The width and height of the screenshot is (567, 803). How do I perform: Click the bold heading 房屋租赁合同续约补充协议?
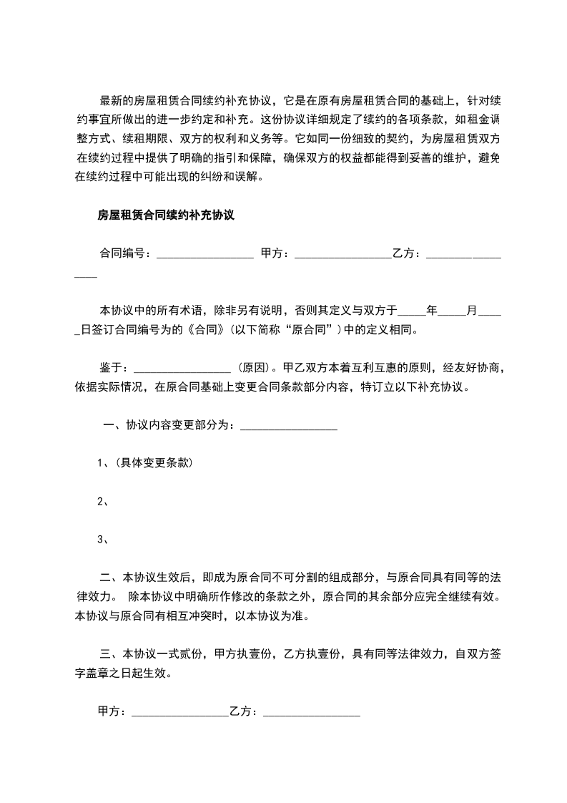pos(167,214)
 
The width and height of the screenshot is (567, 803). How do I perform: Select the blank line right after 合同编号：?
pos(204,255)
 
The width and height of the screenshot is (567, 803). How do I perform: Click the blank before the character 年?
pos(411,313)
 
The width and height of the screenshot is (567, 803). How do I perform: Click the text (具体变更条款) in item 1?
pos(149,462)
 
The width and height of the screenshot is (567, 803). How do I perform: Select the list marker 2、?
pos(102,501)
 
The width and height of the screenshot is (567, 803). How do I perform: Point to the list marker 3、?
pos(102,540)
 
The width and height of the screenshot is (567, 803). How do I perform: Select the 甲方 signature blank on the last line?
pos(179,714)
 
